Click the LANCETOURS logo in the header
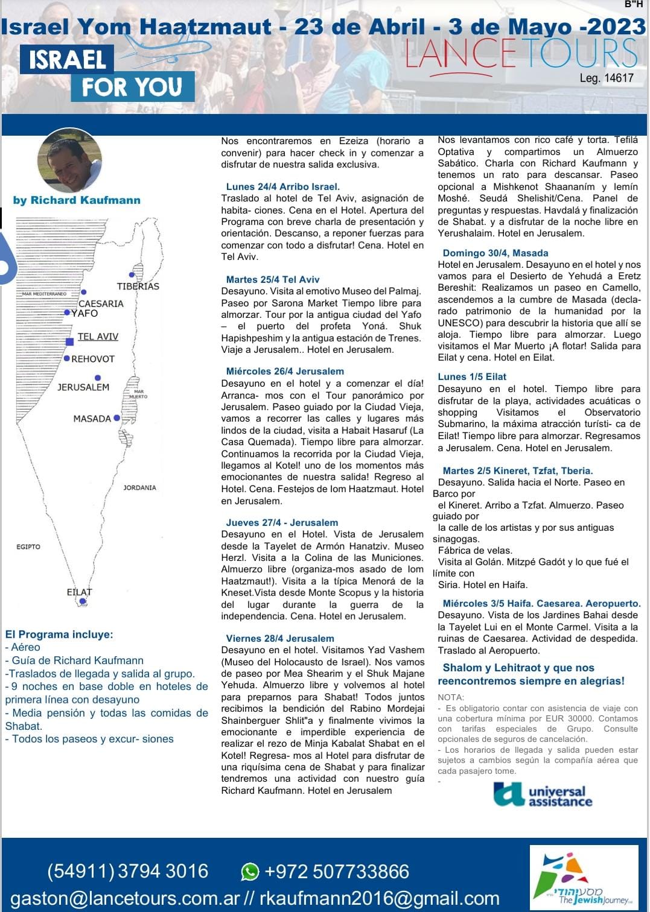click(521, 53)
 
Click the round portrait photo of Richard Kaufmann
click(69, 160)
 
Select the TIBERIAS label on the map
click(138, 286)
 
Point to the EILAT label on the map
click(79, 592)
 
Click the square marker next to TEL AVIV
click(69, 342)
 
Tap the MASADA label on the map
click(92, 419)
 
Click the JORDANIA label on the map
click(139, 487)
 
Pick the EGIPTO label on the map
click(28, 546)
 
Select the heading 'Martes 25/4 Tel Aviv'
click(272, 279)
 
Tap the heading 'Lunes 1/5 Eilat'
click(472, 376)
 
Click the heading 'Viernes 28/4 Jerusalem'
click(279, 638)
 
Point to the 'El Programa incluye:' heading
click(59, 635)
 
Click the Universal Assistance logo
click(543, 795)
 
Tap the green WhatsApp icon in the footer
click(249, 872)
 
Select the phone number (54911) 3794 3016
click(127, 872)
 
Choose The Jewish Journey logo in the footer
click(584, 878)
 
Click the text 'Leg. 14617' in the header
click(606, 78)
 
